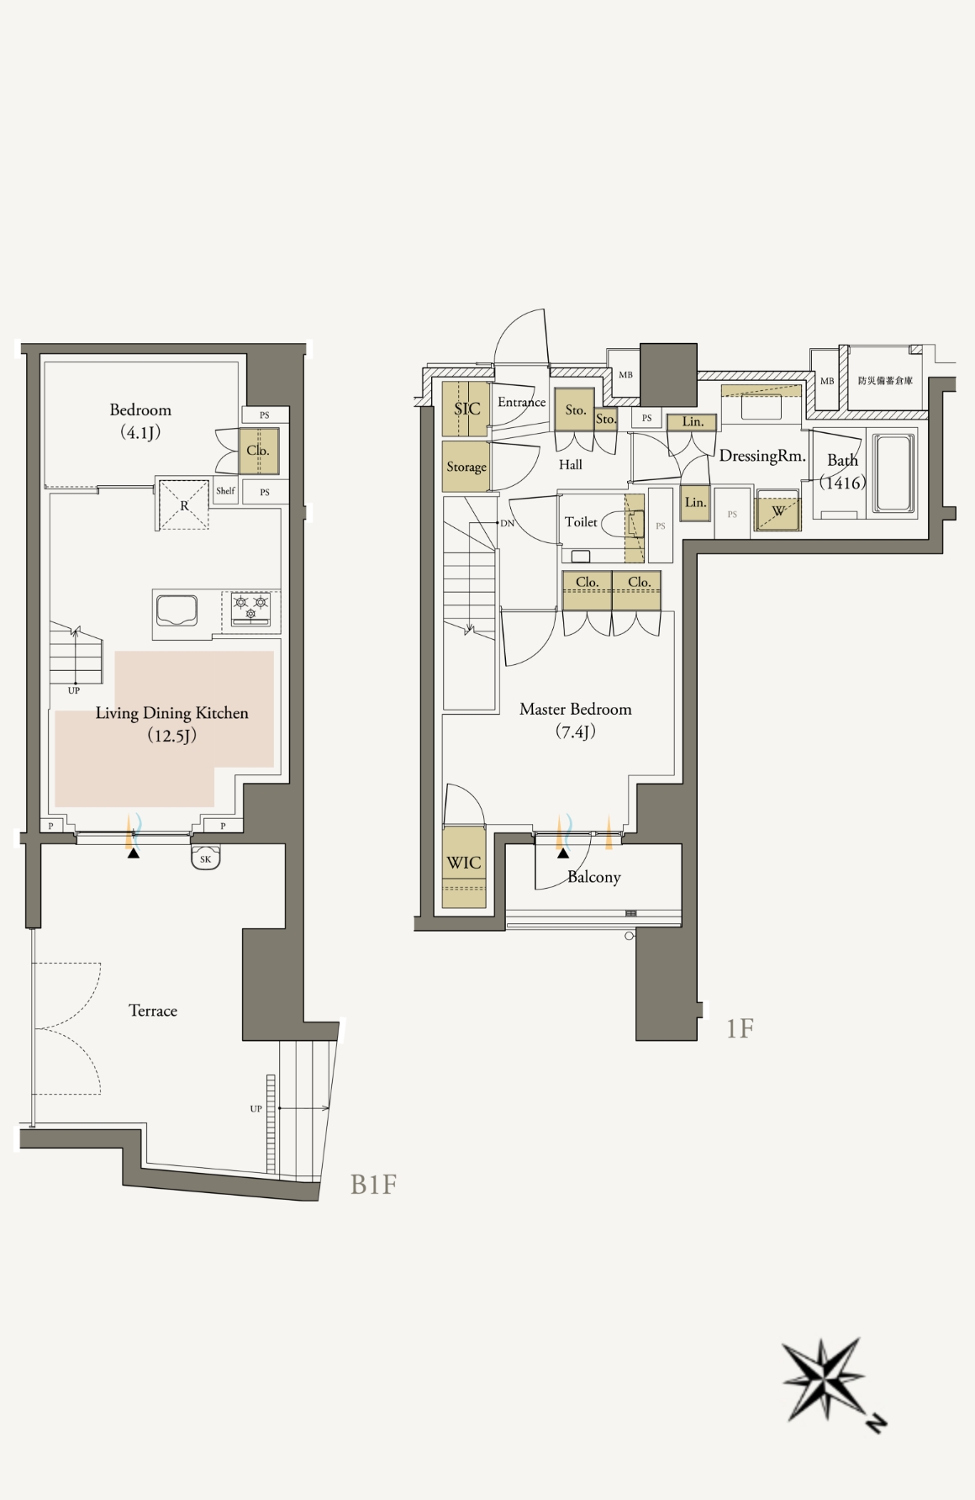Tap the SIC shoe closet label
click(467, 409)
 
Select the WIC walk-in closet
click(465, 868)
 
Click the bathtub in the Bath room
click(893, 473)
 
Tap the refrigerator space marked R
click(184, 504)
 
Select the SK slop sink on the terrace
click(206, 858)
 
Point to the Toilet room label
click(581, 522)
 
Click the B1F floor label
click(373, 1185)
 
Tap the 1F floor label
click(740, 1028)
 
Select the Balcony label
click(594, 877)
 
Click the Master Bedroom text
click(576, 709)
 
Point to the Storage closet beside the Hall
click(466, 467)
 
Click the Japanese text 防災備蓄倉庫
click(885, 381)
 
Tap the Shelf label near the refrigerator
click(225, 490)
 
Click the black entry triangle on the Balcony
click(562, 853)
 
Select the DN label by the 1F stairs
click(507, 523)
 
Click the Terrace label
click(153, 1011)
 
